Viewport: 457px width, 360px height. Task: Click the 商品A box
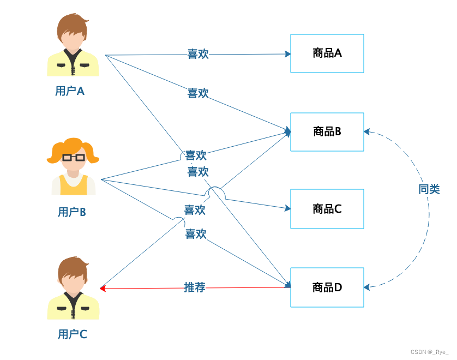pyautogui.click(x=327, y=53)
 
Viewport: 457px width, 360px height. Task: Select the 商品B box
pyautogui.click(x=327, y=131)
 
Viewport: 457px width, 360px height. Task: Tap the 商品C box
pyautogui.click(x=327, y=209)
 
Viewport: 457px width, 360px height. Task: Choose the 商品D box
pyautogui.click(x=327, y=287)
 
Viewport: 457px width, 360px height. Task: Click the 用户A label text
pyautogui.click(x=70, y=91)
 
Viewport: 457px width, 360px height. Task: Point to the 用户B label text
pyautogui.click(x=71, y=212)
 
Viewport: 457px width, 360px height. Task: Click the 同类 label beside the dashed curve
pyautogui.click(x=429, y=190)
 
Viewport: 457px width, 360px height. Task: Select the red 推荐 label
pyautogui.click(x=195, y=287)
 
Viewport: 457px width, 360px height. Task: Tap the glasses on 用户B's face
pyautogui.click(x=74, y=157)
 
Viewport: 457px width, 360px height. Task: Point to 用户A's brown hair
pyautogui.click(x=73, y=25)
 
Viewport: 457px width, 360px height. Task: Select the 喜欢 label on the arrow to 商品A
pyautogui.click(x=198, y=54)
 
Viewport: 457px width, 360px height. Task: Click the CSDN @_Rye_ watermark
pyautogui.click(x=429, y=352)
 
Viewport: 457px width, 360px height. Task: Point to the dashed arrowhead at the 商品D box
pyautogui.click(x=368, y=286)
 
